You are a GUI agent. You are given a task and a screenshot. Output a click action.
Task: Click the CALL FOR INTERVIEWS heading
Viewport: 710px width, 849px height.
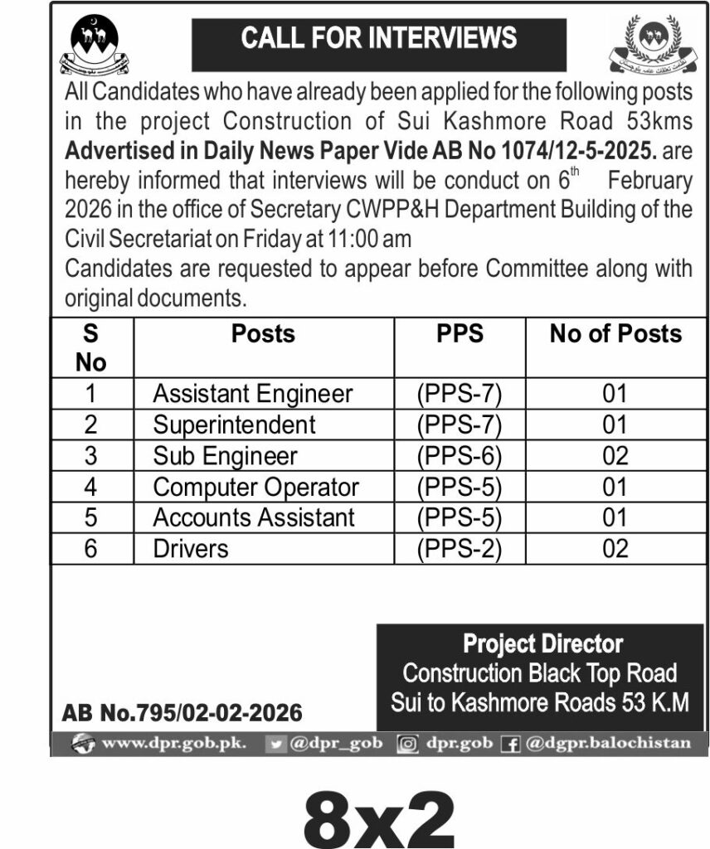coord(379,38)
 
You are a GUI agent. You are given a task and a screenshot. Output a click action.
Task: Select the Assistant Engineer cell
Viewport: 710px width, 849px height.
coord(253,393)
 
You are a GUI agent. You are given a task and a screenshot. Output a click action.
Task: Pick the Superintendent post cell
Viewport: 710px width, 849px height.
coord(235,424)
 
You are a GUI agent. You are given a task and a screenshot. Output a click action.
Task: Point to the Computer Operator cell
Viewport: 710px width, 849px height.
coord(256,487)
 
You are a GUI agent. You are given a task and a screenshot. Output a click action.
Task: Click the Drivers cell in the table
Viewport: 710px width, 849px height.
coord(191,548)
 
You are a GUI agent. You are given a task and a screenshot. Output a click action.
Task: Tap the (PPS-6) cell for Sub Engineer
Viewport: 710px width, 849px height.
coord(460,455)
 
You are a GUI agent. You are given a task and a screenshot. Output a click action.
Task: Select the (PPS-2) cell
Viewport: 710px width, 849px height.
coord(460,548)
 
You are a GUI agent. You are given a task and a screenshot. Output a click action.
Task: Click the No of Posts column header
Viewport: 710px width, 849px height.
coord(615,333)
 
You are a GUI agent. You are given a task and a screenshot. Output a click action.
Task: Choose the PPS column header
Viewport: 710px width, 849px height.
coord(460,333)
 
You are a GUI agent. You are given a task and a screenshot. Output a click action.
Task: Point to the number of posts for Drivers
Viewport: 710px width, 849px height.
coord(615,548)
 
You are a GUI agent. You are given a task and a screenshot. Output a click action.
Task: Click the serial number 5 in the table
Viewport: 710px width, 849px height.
coord(91,517)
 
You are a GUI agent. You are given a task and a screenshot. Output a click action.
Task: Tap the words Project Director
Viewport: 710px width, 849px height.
coord(543,643)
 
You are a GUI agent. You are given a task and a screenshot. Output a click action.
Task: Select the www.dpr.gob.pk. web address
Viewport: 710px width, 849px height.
coord(173,743)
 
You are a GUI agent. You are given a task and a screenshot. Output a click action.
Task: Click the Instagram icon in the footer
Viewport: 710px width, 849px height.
coord(407,744)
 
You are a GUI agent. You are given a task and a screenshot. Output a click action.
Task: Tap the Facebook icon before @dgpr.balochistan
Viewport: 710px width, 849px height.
coord(511,744)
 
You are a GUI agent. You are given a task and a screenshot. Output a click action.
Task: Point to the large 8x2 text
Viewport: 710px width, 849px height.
coord(380,815)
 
